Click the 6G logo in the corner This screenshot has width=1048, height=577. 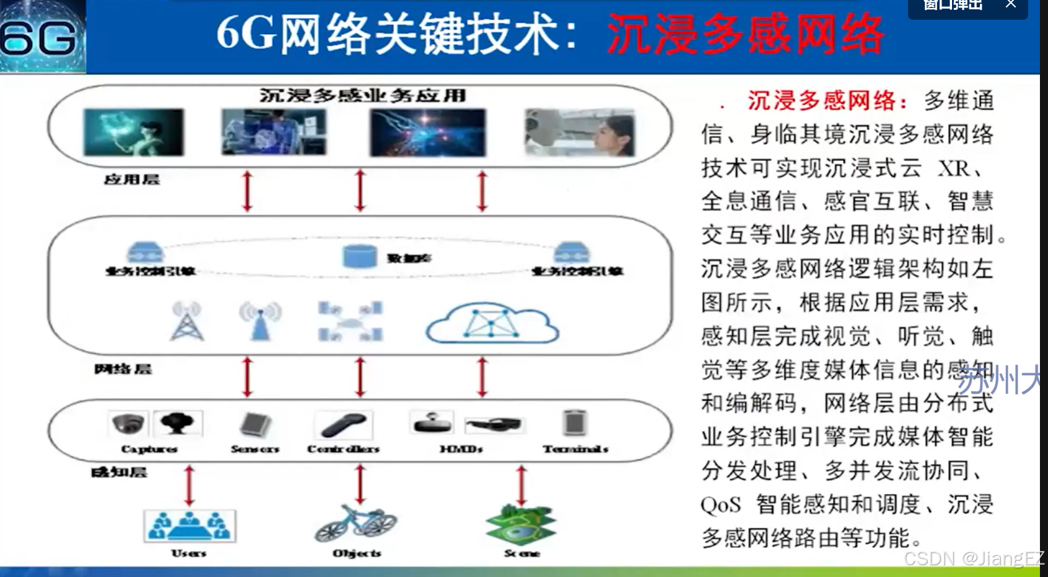(41, 37)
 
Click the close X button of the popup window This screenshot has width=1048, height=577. (1011, 4)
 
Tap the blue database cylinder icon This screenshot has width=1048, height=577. (360, 256)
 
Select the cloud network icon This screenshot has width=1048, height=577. (492, 323)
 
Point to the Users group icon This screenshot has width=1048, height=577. (190, 526)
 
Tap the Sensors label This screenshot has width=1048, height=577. (255, 449)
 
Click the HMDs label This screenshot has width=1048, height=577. (461, 449)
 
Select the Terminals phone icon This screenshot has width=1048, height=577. (575, 423)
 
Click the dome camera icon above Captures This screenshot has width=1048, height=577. (128, 423)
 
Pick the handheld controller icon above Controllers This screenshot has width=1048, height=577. (344, 425)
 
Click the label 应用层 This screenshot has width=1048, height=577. (132, 180)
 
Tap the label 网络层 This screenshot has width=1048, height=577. (123, 370)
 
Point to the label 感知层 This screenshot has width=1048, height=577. (119, 473)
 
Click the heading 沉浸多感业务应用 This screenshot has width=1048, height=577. (362, 95)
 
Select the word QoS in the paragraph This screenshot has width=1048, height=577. (720, 505)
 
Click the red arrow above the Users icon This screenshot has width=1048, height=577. (190, 486)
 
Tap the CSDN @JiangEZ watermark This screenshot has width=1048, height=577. (974, 558)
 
